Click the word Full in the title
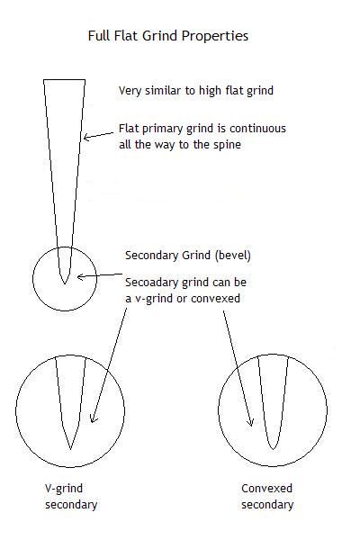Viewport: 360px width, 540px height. tap(97, 36)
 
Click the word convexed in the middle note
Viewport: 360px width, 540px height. tap(215, 298)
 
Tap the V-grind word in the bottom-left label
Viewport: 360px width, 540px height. tap(64, 489)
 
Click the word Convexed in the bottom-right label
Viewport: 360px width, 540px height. tap(266, 489)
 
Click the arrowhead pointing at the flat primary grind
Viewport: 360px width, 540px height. tap(86, 137)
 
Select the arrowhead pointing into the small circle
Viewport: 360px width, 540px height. tap(80, 276)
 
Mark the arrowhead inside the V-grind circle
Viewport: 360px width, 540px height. tap(93, 419)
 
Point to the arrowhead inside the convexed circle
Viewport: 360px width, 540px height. tap(251, 423)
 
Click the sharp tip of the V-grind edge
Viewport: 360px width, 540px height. tap(70, 449)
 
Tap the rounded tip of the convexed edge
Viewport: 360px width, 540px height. tap(273, 449)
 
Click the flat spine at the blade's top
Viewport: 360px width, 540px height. tap(64, 80)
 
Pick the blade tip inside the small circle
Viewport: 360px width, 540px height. tap(65, 283)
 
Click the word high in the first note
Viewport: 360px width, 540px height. tap(211, 91)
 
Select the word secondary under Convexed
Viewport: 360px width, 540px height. tap(267, 505)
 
